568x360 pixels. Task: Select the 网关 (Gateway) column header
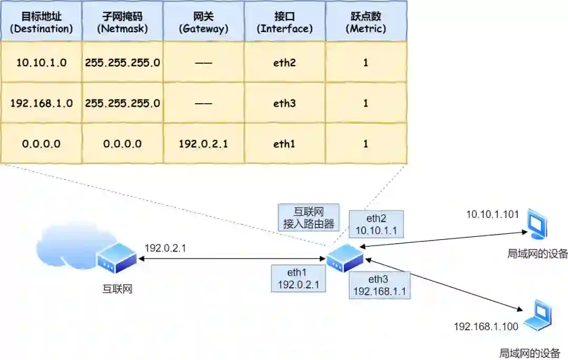point(204,22)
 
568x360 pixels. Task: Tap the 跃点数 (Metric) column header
point(366,22)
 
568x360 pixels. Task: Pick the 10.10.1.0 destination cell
point(41,63)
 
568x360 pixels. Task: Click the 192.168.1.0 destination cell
point(41,103)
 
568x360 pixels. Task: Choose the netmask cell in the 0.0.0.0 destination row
point(122,143)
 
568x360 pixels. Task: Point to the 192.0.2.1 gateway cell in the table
point(204,143)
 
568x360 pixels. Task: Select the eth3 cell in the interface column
point(285,103)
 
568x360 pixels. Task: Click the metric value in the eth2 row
point(366,63)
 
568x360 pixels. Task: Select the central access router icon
point(344,258)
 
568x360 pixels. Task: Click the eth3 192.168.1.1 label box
point(379,285)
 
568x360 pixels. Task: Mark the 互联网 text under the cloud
point(117,288)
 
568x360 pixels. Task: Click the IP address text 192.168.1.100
point(486,327)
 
